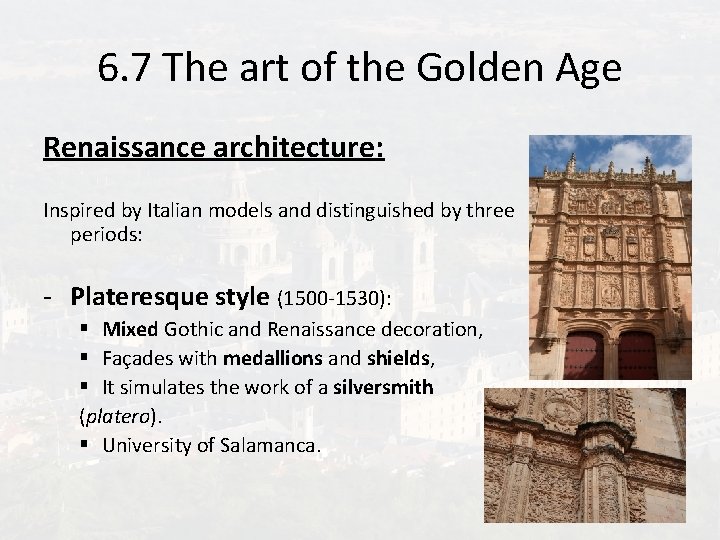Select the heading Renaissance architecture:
(213, 148)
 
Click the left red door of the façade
(584, 356)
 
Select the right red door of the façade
(637, 356)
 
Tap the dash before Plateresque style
(48, 298)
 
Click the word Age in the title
(586, 68)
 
